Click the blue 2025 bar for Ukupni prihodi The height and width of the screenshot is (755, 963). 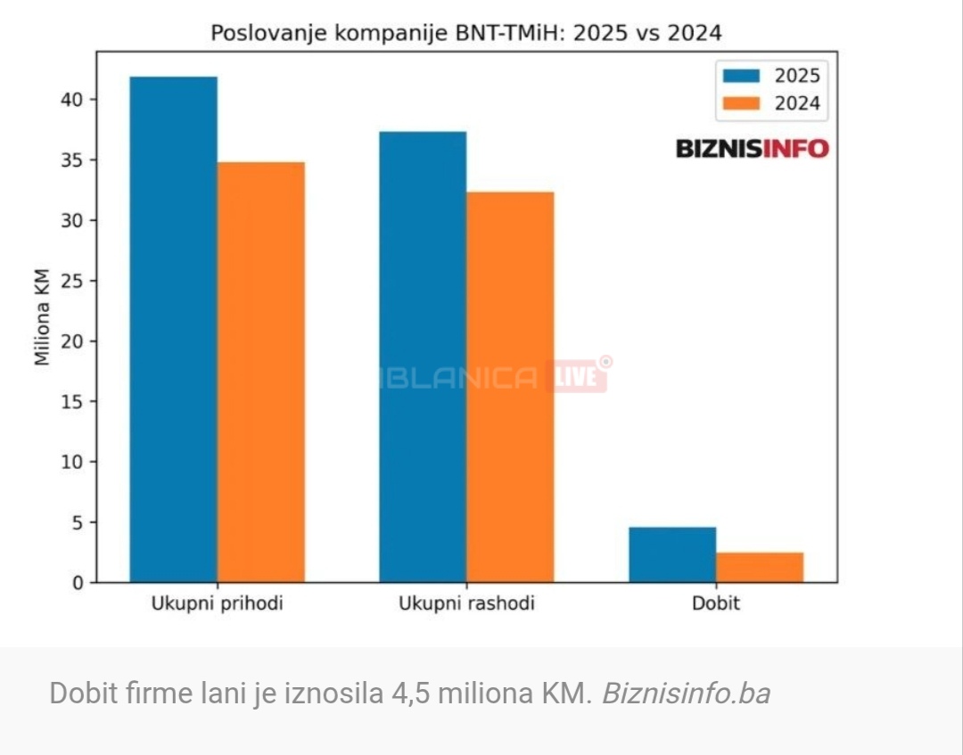[173, 330]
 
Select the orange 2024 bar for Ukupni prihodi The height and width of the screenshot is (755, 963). [260, 373]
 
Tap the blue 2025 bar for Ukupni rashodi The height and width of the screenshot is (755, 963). [423, 357]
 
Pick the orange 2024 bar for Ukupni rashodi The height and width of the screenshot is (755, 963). [510, 387]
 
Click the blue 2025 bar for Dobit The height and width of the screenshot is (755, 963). [672, 554]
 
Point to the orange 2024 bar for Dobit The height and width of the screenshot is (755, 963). [760, 567]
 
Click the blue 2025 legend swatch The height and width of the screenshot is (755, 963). [740, 76]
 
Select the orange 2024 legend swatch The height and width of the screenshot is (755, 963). [740, 103]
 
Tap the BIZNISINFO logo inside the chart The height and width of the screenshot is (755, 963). [753, 148]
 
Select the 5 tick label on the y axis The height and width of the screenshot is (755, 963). [78, 522]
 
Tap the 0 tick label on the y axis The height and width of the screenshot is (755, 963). [78, 583]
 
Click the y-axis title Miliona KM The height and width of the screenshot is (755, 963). [42, 317]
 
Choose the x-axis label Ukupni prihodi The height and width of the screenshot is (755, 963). [217, 604]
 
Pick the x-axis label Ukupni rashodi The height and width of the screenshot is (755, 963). [466, 604]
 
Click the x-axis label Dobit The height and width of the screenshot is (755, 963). [716, 604]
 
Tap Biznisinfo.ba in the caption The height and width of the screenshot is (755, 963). [686, 693]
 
